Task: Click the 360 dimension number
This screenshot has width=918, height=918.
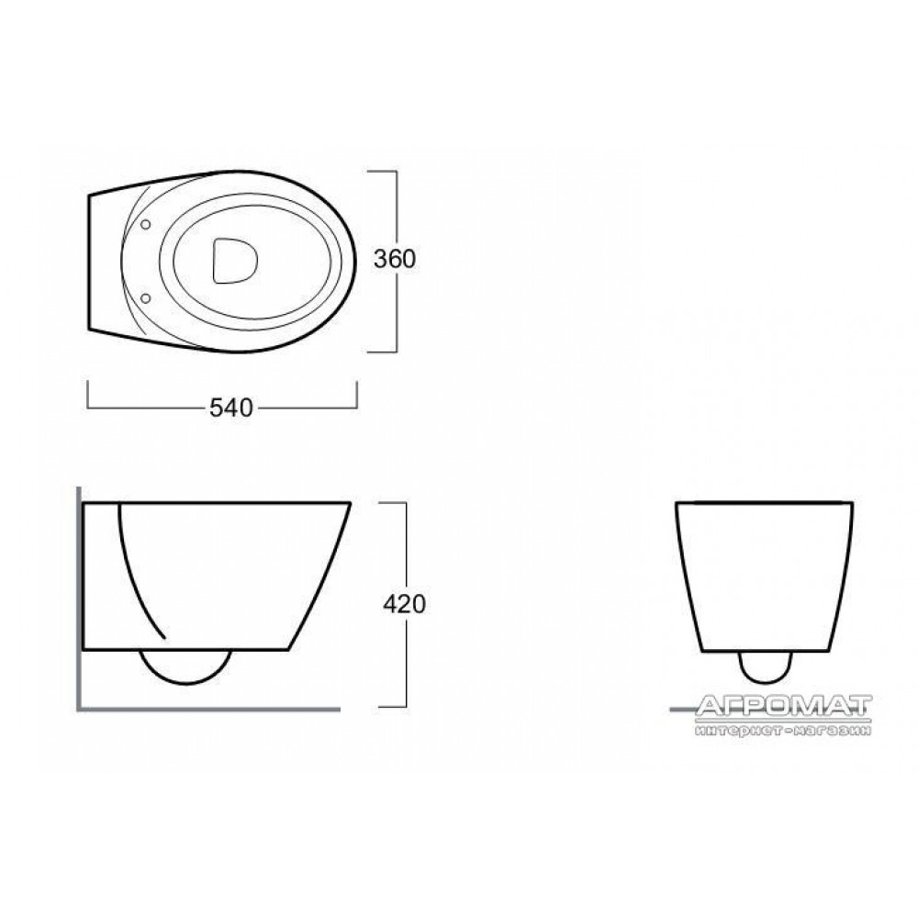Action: click(x=395, y=259)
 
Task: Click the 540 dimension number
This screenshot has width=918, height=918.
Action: click(x=230, y=409)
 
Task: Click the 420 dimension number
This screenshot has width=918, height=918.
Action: click(x=404, y=604)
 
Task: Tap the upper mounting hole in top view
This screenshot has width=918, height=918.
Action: click(x=146, y=224)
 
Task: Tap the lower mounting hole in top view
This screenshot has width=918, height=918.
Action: click(x=146, y=298)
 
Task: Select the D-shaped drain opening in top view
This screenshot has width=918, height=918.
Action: click(x=234, y=261)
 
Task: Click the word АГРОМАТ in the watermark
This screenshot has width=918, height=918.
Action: click(x=784, y=706)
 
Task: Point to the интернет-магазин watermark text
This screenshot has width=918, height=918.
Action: click(x=783, y=730)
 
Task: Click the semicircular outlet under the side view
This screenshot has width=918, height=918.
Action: click(x=185, y=666)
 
